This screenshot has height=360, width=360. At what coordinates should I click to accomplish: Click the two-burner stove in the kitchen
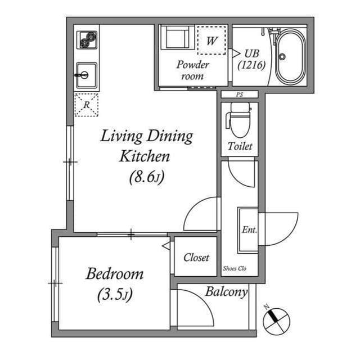click(87, 40)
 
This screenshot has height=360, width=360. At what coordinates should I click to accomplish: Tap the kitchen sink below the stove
click(87, 74)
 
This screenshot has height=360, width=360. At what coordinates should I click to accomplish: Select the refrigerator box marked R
click(86, 105)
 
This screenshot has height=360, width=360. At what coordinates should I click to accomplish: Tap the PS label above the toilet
click(239, 94)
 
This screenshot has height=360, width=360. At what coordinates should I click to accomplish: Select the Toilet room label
click(240, 147)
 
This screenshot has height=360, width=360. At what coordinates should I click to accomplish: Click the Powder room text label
click(193, 70)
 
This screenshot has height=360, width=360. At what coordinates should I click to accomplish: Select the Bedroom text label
click(114, 274)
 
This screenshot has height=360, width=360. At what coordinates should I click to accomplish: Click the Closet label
click(196, 258)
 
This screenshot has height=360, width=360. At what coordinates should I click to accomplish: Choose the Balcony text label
click(226, 292)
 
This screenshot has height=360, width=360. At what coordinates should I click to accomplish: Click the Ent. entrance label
click(249, 229)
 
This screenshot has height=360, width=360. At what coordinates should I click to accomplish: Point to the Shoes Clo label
click(235, 268)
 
